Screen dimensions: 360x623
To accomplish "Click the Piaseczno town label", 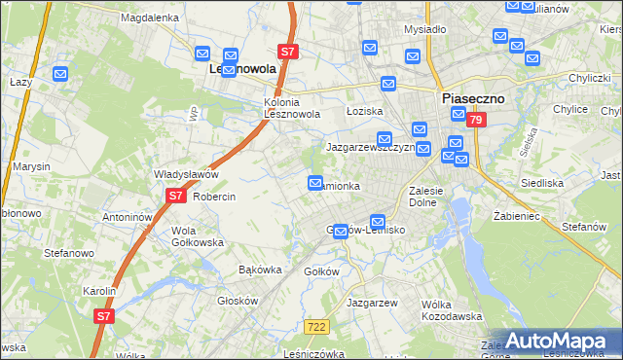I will (x=476, y=98).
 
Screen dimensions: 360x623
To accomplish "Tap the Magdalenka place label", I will (x=148, y=18).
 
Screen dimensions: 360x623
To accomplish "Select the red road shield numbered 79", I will (x=475, y=120).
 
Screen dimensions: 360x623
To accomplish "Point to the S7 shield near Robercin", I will (x=174, y=196).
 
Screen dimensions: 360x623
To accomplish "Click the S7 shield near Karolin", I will (x=104, y=315).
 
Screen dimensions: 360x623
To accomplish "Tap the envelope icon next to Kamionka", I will (x=315, y=183).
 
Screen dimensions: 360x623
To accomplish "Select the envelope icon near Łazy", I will (x=60, y=73).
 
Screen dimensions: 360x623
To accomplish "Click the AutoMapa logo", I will (x=558, y=341).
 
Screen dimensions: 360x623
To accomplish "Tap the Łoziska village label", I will (x=365, y=111).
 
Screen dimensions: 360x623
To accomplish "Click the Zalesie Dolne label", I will (x=426, y=197).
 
